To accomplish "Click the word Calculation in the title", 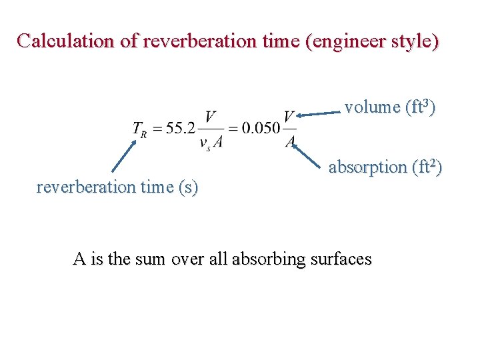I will point(65,41).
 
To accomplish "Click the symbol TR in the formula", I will point(139,128).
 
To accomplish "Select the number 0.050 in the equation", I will point(261,128).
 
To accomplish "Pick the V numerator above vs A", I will point(211,117).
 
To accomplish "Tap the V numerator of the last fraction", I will point(289,117).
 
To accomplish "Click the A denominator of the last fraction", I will point(290,141).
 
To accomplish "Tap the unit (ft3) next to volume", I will point(419,107).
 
